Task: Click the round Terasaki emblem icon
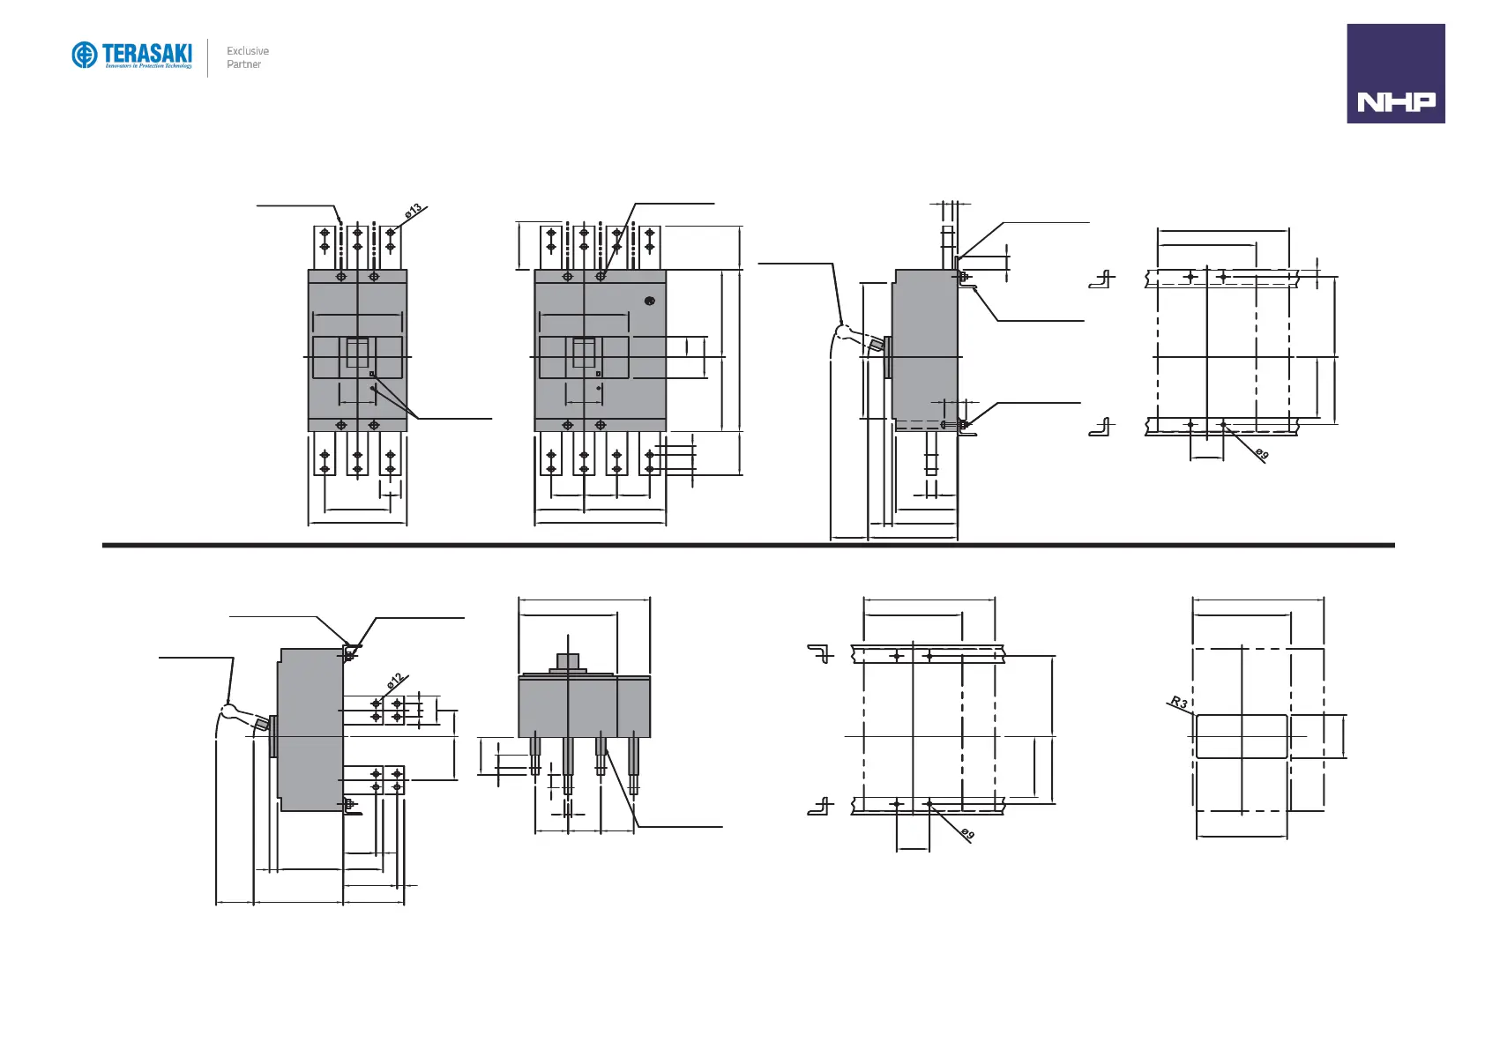85,55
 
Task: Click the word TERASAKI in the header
147,52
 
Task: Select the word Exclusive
248,51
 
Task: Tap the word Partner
243,64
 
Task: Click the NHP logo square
1395,73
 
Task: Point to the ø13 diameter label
414,212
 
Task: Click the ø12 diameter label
395,681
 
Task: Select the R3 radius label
1178,703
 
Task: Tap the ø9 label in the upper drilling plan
1263,454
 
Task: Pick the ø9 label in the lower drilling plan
967,834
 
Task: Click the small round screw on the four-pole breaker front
650,301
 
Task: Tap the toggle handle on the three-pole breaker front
357,353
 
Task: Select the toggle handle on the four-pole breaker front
584,353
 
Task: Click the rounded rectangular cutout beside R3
1241,736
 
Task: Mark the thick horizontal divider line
748,545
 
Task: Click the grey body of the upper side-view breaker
924,344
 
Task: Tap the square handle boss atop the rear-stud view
568,661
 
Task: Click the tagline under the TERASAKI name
148,66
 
